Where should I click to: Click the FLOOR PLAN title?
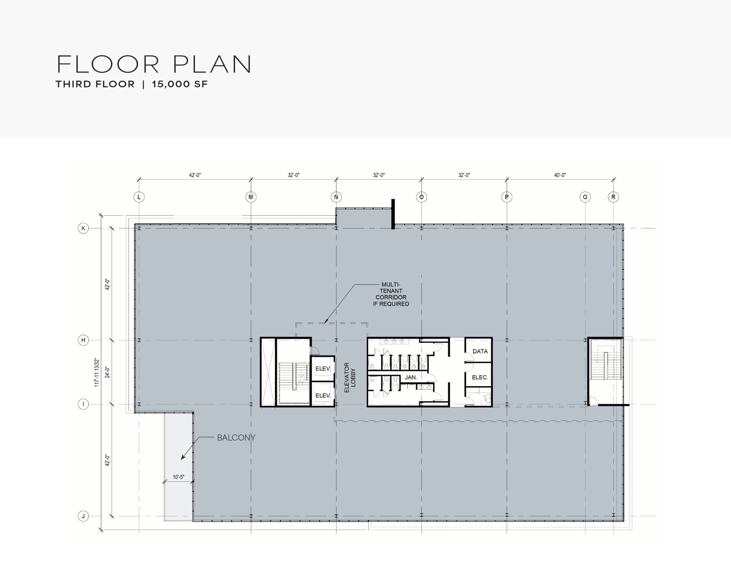[154, 64]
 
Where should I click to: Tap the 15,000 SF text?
[180, 84]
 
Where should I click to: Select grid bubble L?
[139, 197]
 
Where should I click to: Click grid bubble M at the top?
[251, 197]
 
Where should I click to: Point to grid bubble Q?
[585, 197]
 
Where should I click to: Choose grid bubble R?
[613, 197]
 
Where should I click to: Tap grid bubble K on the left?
[83, 228]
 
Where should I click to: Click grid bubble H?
[83, 340]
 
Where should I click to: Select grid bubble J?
[83, 516]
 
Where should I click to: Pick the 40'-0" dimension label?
[560, 175]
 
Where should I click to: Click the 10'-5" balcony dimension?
[178, 477]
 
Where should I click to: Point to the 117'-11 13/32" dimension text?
[97, 372]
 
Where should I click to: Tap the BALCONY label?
[236, 437]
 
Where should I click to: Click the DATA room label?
[480, 351]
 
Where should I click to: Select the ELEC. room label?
[480, 378]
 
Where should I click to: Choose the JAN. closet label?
[411, 378]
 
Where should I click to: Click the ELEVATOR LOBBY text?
[350, 377]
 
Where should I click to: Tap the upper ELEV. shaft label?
[323, 369]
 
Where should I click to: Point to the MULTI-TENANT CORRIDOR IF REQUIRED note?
[391, 294]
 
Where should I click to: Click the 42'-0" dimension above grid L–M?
[195, 175]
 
